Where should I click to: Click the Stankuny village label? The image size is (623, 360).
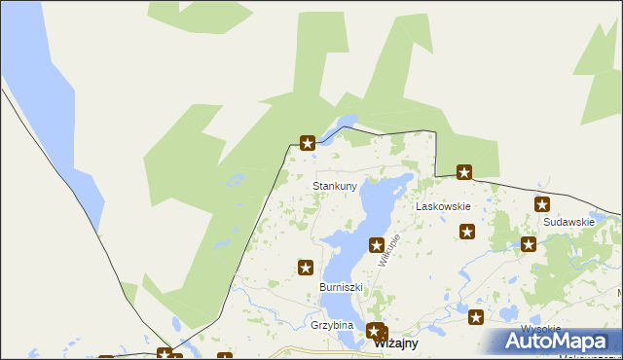[x=334, y=185]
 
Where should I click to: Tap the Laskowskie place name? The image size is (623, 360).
[x=443, y=207]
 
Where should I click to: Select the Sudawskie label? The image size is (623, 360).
[x=569, y=222]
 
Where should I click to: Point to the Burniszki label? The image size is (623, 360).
[x=341, y=288]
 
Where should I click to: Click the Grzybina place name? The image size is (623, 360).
[x=331, y=325]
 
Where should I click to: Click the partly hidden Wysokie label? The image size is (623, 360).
[x=538, y=328]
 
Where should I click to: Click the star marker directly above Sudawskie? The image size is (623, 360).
[x=542, y=204]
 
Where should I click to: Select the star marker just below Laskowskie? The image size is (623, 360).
[x=467, y=232]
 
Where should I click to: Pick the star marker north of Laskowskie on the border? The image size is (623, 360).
[x=464, y=173]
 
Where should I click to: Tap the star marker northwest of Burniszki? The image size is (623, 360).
[x=305, y=267]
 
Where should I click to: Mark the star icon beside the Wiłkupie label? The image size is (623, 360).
[x=376, y=245]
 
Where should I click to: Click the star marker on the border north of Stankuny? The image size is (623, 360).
[x=308, y=143]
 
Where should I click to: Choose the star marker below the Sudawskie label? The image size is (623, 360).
[x=529, y=245]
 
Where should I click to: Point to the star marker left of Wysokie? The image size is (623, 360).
[x=476, y=316]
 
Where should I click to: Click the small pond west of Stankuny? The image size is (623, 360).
[x=234, y=180]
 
